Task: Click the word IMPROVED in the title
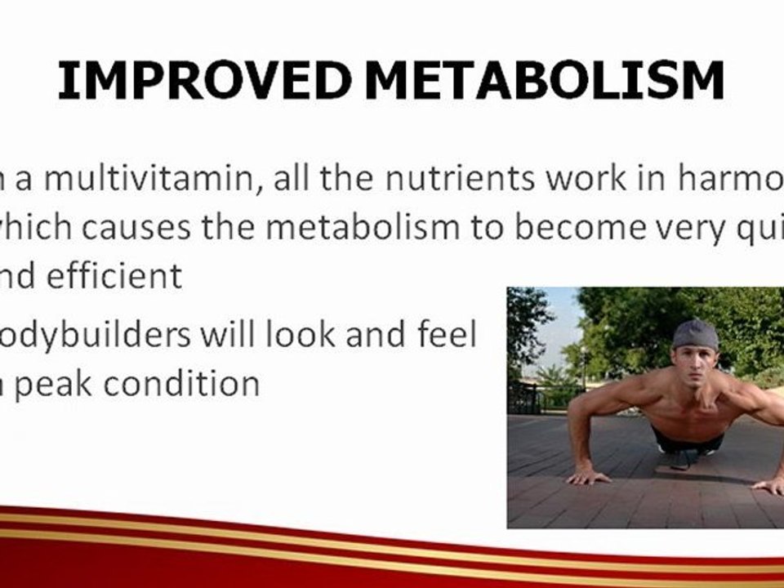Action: click(x=205, y=81)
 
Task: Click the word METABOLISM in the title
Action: click(x=545, y=81)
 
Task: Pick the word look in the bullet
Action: click(x=280, y=335)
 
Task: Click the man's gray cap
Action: click(x=696, y=335)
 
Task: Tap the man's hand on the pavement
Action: click(x=589, y=475)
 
